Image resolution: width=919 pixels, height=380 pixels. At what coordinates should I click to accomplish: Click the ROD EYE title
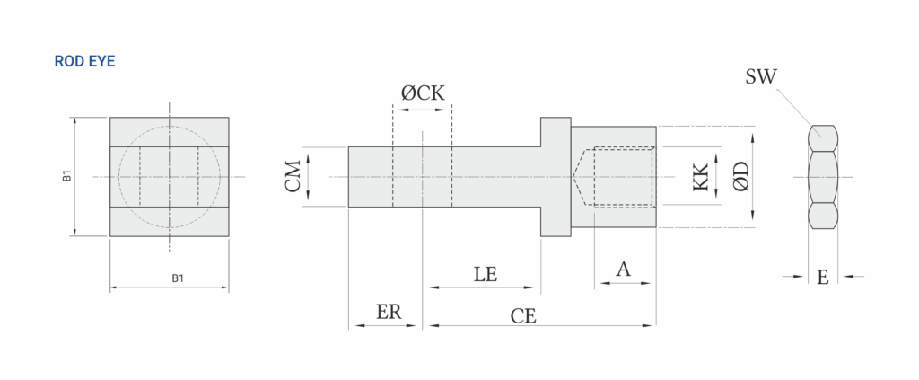click(x=84, y=61)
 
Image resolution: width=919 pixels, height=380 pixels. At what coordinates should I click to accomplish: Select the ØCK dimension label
click(x=422, y=93)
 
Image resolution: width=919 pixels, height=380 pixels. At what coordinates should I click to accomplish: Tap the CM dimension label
click(x=293, y=176)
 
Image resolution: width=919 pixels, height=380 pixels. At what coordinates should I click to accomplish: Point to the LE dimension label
click(x=486, y=274)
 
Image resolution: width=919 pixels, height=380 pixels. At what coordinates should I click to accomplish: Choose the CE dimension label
click(x=523, y=316)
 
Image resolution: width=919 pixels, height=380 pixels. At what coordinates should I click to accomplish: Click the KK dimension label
click(x=701, y=177)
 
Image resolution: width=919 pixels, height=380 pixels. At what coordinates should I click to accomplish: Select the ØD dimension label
click(x=740, y=176)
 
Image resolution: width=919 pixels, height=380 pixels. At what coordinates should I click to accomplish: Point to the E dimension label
click(x=822, y=278)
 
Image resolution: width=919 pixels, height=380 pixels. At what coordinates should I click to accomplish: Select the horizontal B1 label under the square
click(x=178, y=278)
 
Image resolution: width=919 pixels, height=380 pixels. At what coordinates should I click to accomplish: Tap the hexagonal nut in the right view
click(x=823, y=177)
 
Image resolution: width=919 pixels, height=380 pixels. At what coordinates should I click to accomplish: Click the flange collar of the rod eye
click(x=555, y=176)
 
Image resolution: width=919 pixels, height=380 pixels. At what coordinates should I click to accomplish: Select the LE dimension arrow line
click(x=485, y=287)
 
